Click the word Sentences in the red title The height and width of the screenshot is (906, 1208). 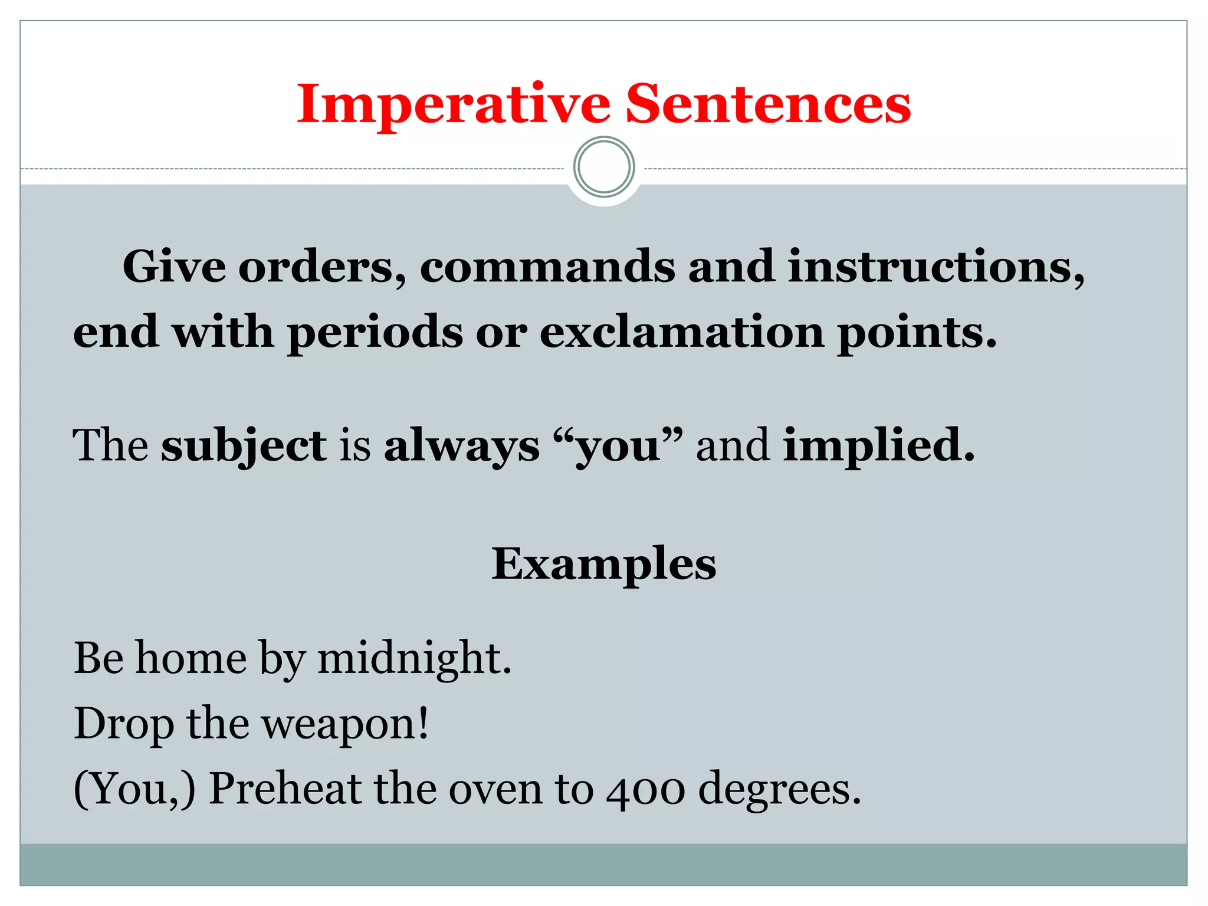pyautogui.click(x=767, y=104)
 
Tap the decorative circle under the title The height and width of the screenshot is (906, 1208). pyautogui.click(x=604, y=167)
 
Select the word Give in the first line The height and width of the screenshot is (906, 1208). pyautogui.click(x=174, y=267)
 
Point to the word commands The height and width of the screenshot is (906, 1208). pyautogui.click(x=547, y=267)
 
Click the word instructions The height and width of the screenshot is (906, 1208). pyautogui.click(x=935, y=267)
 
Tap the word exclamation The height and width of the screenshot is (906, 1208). pyautogui.click(x=682, y=332)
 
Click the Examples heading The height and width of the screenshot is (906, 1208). pyautogui.click(x=604, y=565)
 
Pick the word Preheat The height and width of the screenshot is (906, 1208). pyautogui.click(x=285, y=789)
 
